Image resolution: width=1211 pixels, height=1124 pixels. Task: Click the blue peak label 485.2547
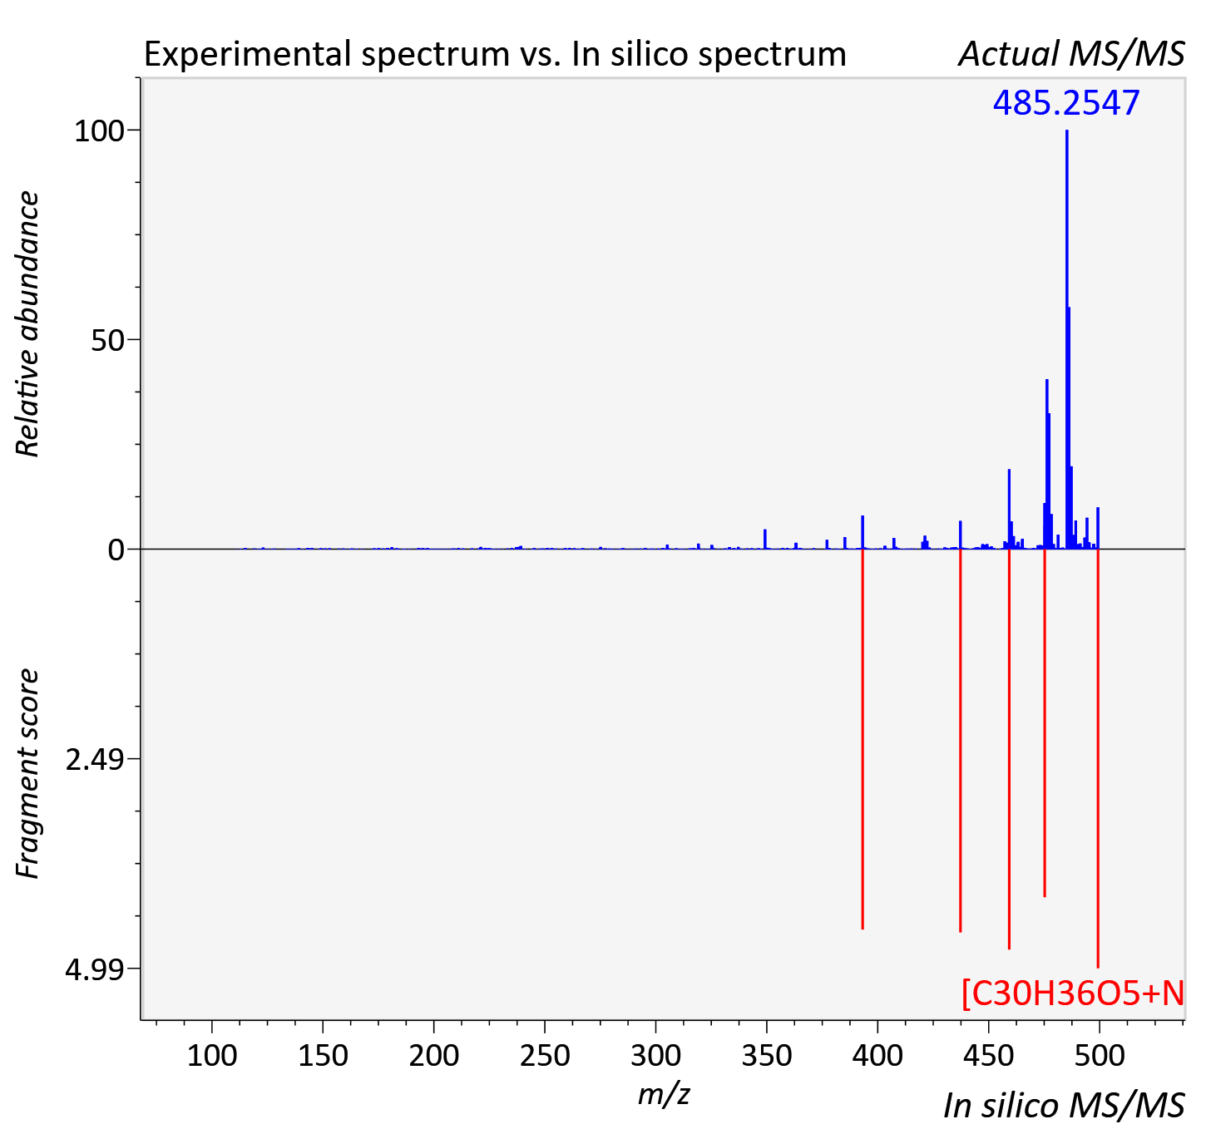click(1066, 103)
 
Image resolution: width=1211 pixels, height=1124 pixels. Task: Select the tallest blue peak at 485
click(1066, 339)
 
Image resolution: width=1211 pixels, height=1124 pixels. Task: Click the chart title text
click(495, 54)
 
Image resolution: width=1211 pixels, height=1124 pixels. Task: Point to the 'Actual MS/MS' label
click(1071, 54)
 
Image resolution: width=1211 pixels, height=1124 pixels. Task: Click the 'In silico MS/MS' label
click(1064, 1105)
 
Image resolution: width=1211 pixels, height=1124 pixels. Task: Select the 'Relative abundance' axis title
click(28, 323)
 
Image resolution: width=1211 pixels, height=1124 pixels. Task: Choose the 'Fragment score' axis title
click(28, 773)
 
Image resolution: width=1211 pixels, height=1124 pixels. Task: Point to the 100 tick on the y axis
click(99, 131)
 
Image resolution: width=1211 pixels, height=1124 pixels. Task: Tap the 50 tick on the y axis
click(107, 341)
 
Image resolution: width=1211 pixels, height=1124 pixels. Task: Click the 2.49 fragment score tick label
click(95, 760)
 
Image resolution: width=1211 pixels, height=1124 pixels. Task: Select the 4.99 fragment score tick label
click(95, 970)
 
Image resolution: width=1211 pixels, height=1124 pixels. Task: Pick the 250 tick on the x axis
click(545, 1056)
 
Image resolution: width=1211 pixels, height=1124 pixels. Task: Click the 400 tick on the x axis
click(877, 1056)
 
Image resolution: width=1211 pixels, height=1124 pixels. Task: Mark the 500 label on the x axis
click(1100, 1056)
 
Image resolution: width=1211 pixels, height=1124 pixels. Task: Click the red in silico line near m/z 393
click(863, 739)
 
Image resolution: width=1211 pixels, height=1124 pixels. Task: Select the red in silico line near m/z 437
click(961, 741)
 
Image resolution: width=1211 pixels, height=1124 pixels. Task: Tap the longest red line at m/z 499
click(1098, 758)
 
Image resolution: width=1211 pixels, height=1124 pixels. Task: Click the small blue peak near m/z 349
click(764, 539)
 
